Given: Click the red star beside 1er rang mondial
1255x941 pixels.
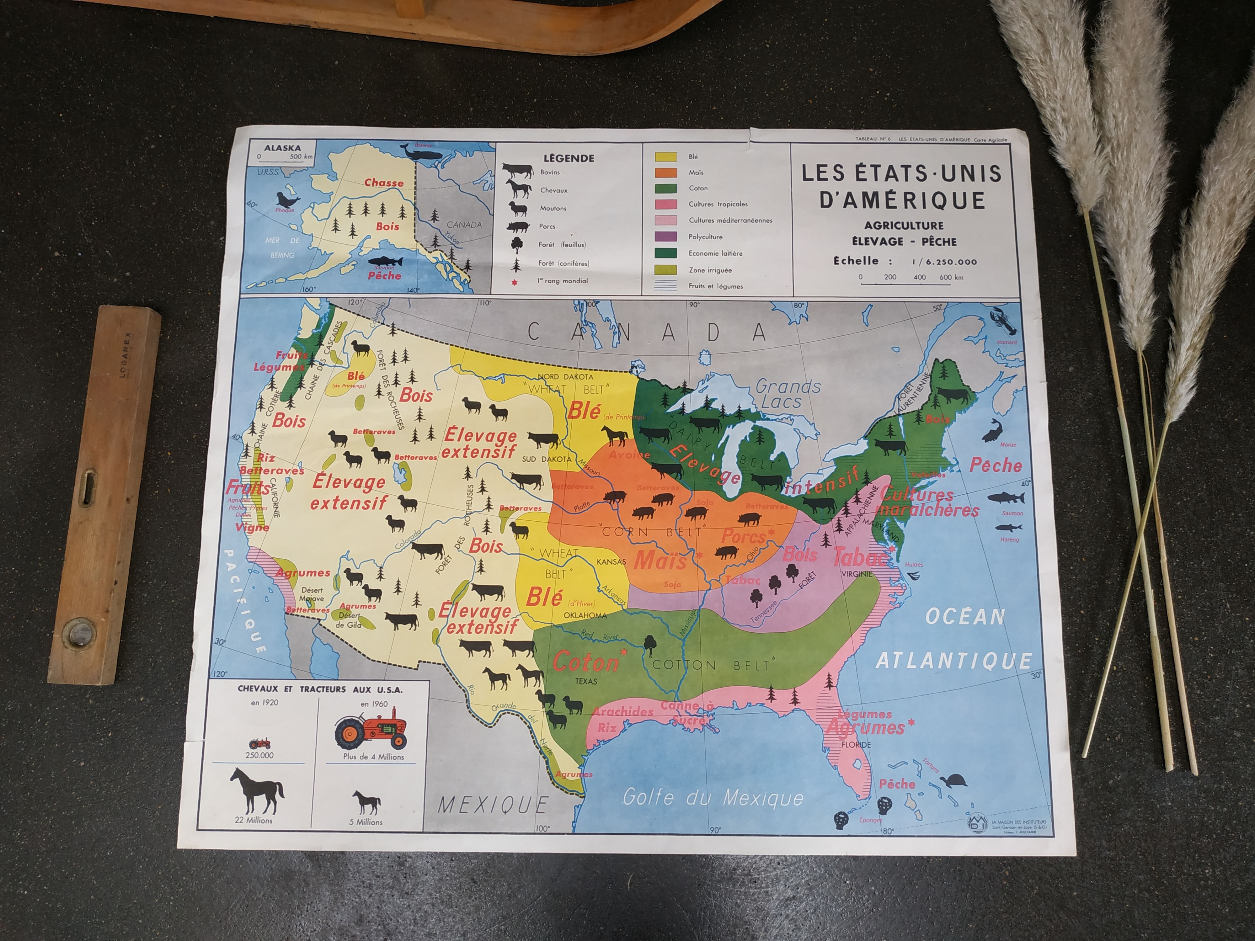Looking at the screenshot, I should coord(515,282).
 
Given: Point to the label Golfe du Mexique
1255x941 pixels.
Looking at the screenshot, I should coord(713,797).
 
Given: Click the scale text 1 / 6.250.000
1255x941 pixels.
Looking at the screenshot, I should coord(944,262).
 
